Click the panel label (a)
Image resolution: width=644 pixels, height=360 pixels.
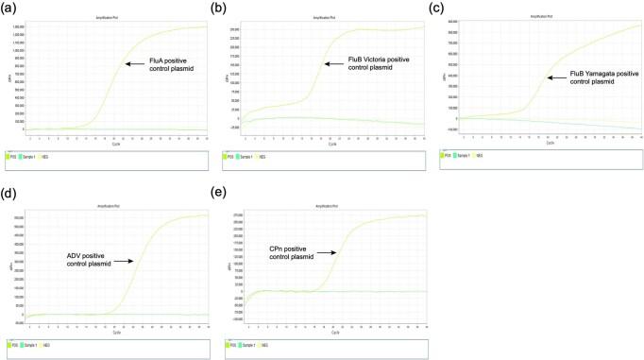coord(10,9)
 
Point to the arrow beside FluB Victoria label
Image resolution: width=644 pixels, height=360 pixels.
coord(335,63)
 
